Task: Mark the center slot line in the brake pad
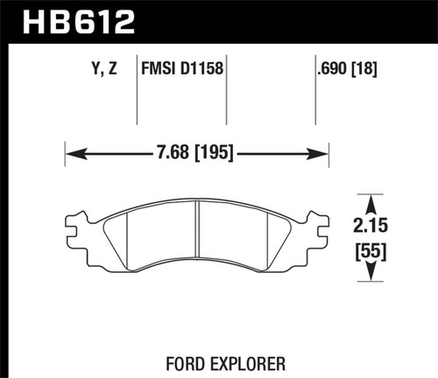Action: click(x=198, y=232)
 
